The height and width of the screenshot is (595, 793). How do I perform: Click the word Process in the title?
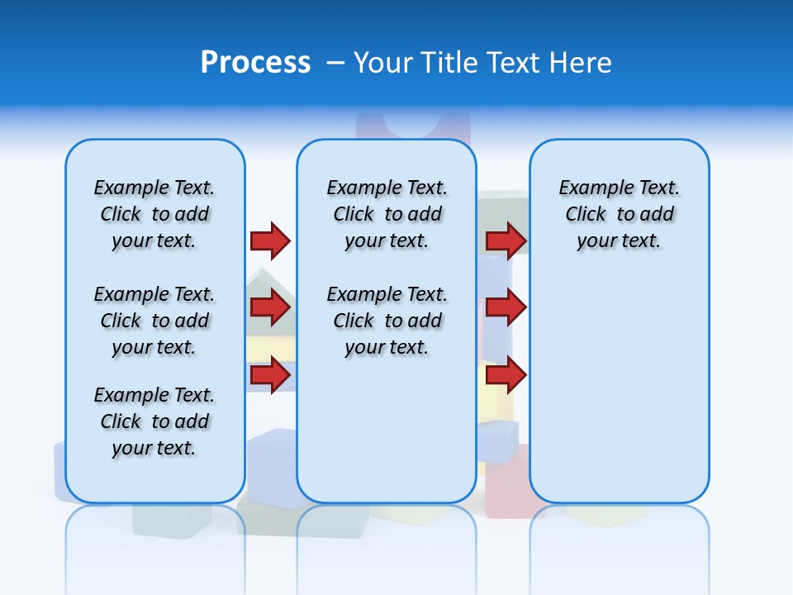click(x=255, y=62)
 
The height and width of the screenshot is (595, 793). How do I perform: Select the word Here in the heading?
click(x=582, y=63)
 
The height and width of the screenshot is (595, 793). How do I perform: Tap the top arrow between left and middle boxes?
click(x=270, y=240)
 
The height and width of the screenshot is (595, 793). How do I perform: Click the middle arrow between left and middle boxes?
click(x=270, y=307)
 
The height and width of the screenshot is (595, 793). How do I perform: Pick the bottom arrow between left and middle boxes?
click(x=270, y=375)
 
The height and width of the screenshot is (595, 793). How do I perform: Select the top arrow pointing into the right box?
click(x=506, y=240)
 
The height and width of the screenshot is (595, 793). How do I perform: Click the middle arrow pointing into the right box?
click(x=506, y=307)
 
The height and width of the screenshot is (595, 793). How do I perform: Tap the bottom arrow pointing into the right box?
click(x=506, y=375)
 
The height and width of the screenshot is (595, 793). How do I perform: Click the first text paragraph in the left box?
click(x=154, y=214)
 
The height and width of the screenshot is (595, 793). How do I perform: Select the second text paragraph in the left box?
click(x=154, y=321)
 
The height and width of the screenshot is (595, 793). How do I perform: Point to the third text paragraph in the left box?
click(x=154, y=421)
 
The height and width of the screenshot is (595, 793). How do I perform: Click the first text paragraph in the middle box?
click(x=387, y=214)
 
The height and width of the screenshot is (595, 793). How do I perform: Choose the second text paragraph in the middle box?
click(x=387, y=321)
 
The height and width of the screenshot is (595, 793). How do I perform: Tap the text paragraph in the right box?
click(x=619, y=214)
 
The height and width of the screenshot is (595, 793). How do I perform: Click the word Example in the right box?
click(x=590, y=188)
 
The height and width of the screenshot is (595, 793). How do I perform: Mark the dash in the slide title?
click(x=335, y=63)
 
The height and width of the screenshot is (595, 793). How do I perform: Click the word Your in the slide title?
click(x=383, y=63)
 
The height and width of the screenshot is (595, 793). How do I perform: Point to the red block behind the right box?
click(x=507, y=488)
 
